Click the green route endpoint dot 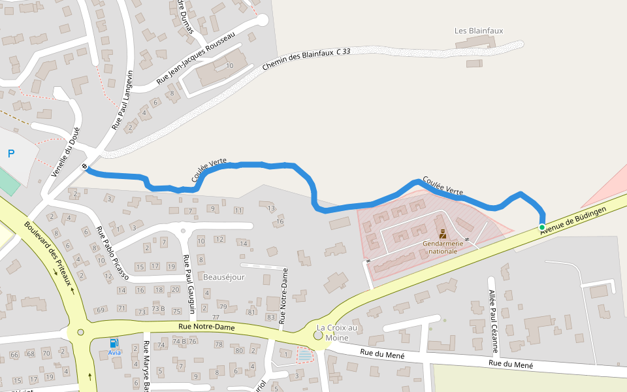click(541, 227)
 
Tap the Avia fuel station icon click(114, 343)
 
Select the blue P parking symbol click(11, 154)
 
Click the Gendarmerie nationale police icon click(442, 234)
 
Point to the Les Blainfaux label click(479, 31)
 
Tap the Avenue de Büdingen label click(575, 220)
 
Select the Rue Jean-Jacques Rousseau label click(195, 59)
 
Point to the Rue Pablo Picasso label click(112, 254)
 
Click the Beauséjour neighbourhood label click(223, 277)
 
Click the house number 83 click(270, 317)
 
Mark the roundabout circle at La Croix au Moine click(318, 335)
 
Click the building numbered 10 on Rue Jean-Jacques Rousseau click(229, 66)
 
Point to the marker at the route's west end click(85, 167)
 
